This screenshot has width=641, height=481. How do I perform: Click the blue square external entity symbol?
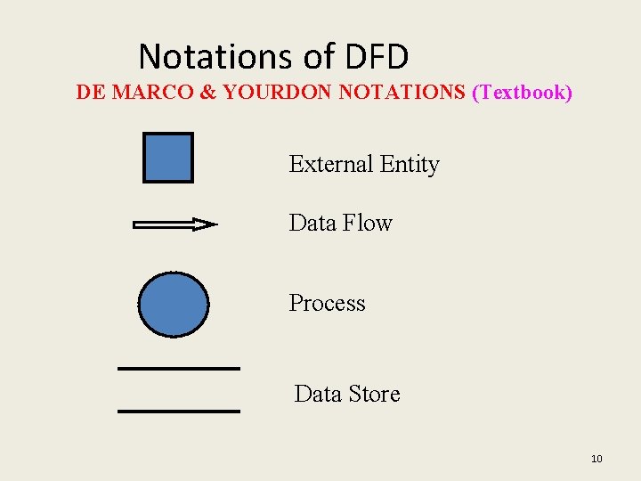(x=167, y=158)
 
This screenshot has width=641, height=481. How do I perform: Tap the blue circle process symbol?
(x=174, y=304)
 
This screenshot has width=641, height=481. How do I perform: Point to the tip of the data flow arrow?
(x=215, y=224)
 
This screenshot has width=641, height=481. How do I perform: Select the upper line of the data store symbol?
(x=179, y=368)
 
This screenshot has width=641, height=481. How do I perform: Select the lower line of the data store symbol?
(x=179, y=411)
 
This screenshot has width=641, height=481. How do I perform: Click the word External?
(x=330, y=165)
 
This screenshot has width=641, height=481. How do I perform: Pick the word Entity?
(x=410, y=165)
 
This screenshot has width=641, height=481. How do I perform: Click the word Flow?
(x=367, y=223)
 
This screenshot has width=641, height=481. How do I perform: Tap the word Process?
(x=327, y=304)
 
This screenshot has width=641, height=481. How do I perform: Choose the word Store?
(x=373, y=394)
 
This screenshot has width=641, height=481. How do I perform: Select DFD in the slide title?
(x=374, y=57)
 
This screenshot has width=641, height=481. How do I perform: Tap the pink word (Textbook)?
(x=522, y=93)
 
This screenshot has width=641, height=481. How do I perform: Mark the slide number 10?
(x=596, y=459)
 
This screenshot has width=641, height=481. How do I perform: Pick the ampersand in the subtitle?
(x=209, y=93)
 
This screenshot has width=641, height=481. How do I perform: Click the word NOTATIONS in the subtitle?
(x=402, y=93)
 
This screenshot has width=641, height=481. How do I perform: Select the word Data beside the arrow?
(x=312, y=223)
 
